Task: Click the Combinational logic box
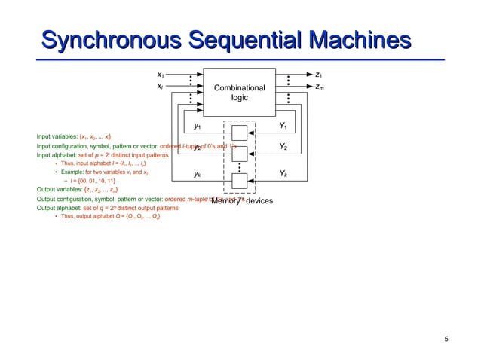(x=239, y=93)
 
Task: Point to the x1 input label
(x=161, y=75)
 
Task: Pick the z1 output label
(x=320, y=75)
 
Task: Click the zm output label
(x=320, y=87)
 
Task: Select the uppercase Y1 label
(x=283, y=125)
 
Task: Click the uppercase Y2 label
(x=283, y=146)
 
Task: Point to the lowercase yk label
(x=197, y=174)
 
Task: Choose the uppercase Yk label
(x=283, y=174)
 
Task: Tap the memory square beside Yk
(x=240, y=180)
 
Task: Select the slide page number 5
(x=446, y=339)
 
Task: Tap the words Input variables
(x=57, y=136)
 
